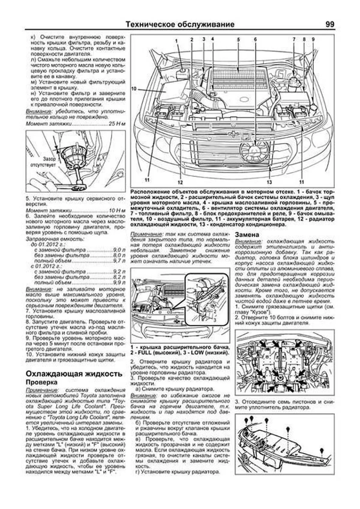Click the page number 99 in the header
(x=329, y=24)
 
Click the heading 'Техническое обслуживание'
(x=180, y=24)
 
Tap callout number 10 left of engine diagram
(x=134, y=89)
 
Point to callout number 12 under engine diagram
(x=179, y=182)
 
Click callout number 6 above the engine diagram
(x=255, y=39)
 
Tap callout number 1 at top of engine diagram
(x=176, y=40)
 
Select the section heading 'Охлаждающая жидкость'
(x=74, y=374)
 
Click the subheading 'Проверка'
(x=41, y=382)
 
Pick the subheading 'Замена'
(x=247, y=235)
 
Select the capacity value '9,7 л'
(x=119, y=261)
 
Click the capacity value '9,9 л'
(x=119, y=283)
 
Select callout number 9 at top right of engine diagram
(x=313, y=39)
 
